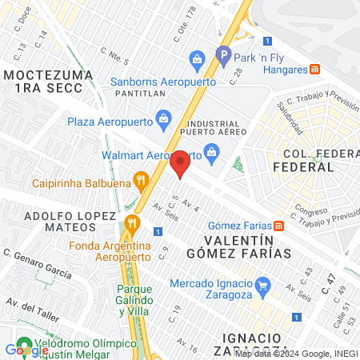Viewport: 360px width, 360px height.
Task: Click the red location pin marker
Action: [180, 165]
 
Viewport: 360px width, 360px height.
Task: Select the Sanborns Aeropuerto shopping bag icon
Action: [196, 58]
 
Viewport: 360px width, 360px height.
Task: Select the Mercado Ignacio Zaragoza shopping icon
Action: [261, 283]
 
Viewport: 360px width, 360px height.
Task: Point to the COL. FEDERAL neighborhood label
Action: [303, 160]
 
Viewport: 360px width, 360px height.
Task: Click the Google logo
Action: [26, 350]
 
